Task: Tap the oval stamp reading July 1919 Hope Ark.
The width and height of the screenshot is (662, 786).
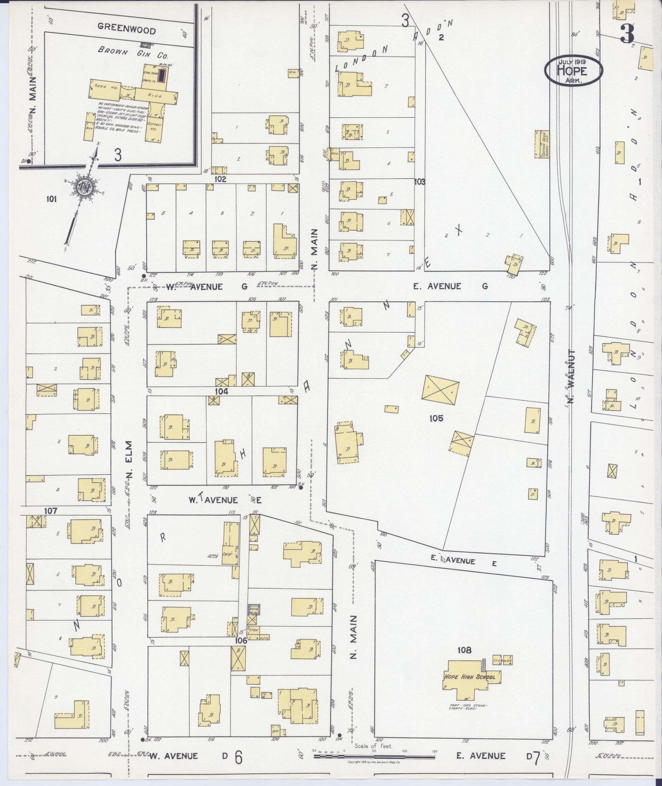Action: click(x=574, y=70)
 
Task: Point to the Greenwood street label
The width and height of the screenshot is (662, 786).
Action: click(x=127, y=29)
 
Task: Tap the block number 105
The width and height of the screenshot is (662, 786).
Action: click(x=436, y=418)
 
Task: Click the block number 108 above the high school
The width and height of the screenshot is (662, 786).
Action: click(x=464, y=650)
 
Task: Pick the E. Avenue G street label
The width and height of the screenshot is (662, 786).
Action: click(x=450, y=286)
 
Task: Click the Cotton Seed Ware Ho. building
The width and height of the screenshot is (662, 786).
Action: click(x=542, y=144)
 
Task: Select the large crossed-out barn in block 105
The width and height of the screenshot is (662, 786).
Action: click(x=440, y=390)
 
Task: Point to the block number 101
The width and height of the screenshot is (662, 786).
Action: click(x=51, y=199)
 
